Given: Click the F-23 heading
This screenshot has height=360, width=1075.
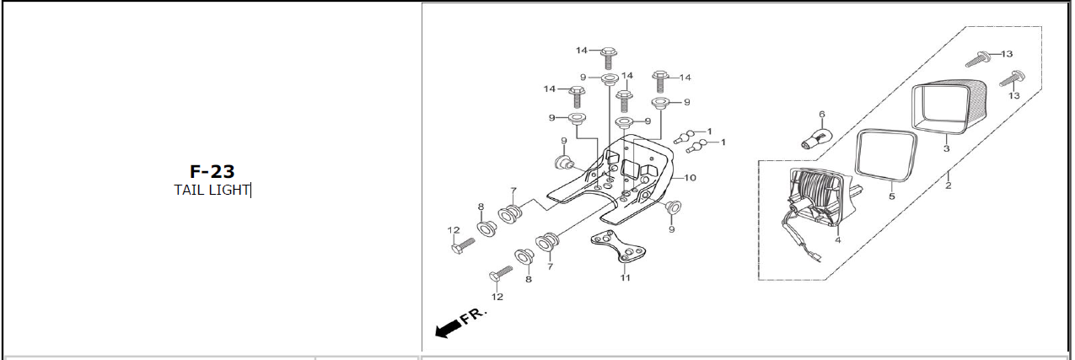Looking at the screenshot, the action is click(212, 171).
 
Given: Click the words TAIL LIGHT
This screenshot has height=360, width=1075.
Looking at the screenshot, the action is click(212, 190).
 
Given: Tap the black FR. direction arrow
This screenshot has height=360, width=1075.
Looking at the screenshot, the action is click(448, 330).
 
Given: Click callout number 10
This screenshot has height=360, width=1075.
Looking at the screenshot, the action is click(690, 178).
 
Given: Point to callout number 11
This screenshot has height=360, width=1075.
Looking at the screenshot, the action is click(625, 277).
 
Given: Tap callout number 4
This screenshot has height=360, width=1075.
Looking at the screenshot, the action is click(838, 240).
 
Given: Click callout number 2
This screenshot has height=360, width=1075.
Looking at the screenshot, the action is click(949, 185).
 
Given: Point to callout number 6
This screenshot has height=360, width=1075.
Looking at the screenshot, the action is click(822, 115).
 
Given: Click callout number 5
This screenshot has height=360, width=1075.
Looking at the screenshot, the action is click(892, 196).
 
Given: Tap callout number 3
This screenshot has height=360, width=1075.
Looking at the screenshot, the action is click(946, 148).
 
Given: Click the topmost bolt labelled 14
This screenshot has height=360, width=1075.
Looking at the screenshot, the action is click(609, 58).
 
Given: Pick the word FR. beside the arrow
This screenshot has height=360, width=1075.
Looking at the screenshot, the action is click(473, 315).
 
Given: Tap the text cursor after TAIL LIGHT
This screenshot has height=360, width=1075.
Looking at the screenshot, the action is click(250, 191).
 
